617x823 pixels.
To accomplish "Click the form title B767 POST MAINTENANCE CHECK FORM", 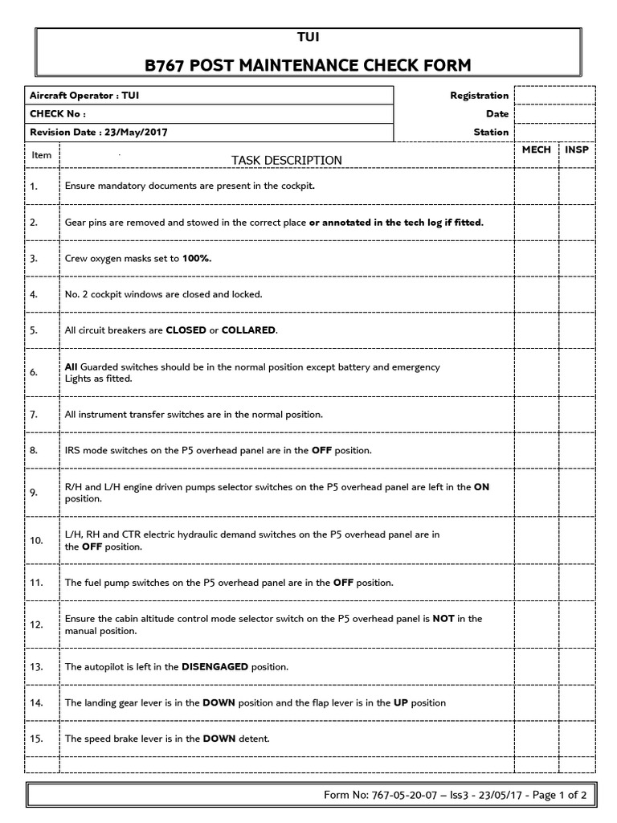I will click(308, 64).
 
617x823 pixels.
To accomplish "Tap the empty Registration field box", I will click(554, 96).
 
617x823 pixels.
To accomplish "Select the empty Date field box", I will click(554, 114).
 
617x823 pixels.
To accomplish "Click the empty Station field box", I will click(554, 132).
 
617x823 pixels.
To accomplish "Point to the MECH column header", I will click(536, 150).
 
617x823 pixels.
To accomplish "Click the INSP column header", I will click(576, 150).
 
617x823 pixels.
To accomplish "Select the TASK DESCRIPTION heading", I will click(287, 160).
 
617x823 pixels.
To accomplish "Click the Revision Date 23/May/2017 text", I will click(100, 132).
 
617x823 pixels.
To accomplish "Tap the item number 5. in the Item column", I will click(34, 330).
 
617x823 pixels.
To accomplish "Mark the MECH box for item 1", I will click(536, 186).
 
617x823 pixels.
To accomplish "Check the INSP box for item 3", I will click(576, 258).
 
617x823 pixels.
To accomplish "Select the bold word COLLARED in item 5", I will click(248, 330).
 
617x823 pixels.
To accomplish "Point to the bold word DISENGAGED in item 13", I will click(215, 666).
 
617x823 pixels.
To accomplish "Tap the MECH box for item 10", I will click(536, 540).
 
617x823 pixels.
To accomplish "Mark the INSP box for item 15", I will click(576, 739).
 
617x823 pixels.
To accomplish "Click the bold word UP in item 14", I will click(401, 702).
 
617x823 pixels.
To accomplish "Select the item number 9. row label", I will click(34, 492).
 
